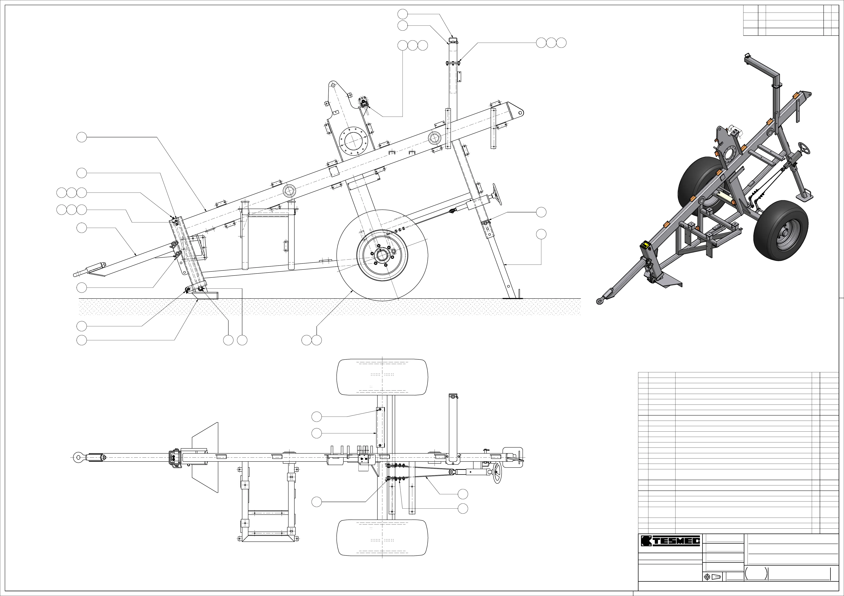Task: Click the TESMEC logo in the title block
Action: (670, 540)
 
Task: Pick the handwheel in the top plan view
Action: (497, 473)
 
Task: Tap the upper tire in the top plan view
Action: (382, 377)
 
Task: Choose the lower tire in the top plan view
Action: (382, 538)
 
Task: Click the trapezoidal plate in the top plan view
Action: (205, 457)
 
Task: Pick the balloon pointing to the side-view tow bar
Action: (82, 228)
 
